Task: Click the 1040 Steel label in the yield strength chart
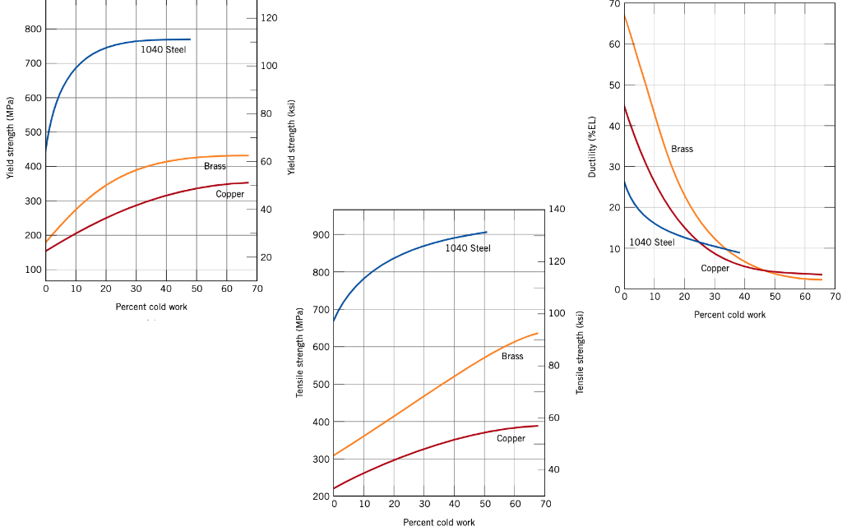[163, 49]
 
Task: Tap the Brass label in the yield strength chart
[215, 167]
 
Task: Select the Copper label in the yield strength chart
[230, 195]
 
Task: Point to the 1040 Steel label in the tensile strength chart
[468, 248]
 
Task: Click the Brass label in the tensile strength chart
[512, 357]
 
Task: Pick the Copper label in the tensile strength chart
[511, 439]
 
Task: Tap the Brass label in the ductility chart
[682, 150]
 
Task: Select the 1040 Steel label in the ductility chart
[652, 242]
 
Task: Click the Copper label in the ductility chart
[715, 269]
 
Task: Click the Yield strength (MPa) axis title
[11, 144]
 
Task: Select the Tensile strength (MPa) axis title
[300, 352]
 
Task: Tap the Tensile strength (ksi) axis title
[580, 352]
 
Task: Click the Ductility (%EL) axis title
[592, 146]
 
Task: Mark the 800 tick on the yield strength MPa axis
[33, 30]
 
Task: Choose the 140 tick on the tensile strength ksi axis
[557, 210]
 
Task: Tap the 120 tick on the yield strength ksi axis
[269, 18]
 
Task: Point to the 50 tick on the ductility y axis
[614, 85]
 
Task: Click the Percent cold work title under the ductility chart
[729, 315]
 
